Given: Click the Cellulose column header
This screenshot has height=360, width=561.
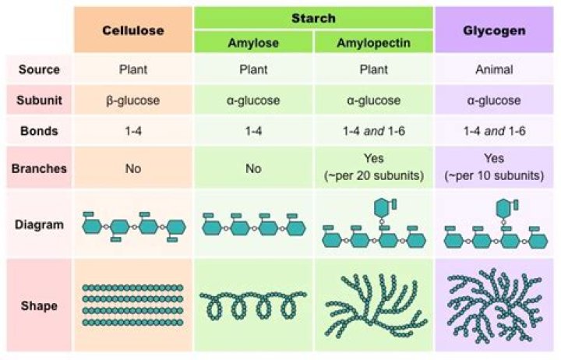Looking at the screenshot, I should [132, 30].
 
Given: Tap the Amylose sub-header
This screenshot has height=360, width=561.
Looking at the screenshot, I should [253, 42].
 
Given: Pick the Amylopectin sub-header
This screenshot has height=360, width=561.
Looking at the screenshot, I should [374, 42].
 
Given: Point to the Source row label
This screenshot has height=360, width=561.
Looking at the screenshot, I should [40, 69].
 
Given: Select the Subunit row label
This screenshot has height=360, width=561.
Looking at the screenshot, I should [40, 101].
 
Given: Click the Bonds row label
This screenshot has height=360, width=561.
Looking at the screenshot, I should [40, 131].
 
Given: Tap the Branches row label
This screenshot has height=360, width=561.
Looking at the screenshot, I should [40, 168].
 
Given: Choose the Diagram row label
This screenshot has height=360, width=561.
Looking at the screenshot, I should [40, 224].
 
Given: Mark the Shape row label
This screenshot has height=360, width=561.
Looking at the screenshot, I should [40, 305].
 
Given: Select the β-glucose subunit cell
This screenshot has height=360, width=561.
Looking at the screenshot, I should [132, 101].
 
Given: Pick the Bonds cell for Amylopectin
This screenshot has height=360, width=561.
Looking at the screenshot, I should [374, 131].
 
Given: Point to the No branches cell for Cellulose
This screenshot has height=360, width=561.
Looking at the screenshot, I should [132, 168].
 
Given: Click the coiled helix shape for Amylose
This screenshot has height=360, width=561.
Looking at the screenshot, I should [253, 306].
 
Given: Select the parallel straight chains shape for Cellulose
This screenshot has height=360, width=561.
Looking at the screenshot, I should [132, 305].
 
